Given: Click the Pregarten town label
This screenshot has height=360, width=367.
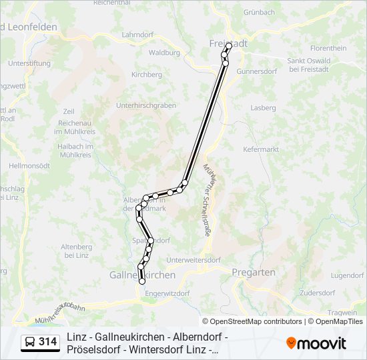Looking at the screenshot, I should (253, 272).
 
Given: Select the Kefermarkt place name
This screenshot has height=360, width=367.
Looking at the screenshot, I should (261, 149).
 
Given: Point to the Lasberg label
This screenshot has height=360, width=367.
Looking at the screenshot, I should (263, 107).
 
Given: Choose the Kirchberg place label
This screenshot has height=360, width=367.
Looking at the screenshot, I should (147, 75).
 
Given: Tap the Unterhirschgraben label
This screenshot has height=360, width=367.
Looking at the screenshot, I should (145, 105).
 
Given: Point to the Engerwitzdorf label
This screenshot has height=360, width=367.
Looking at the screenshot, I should (167, 293).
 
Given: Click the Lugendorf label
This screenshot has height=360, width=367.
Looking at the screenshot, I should (347, 275).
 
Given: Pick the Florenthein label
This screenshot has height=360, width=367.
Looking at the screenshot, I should (328, 48).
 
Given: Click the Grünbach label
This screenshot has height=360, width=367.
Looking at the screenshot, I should (259, 12).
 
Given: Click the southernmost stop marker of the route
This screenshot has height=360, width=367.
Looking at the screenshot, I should (142, 282).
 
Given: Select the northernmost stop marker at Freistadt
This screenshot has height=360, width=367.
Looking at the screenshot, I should (229, 46).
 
